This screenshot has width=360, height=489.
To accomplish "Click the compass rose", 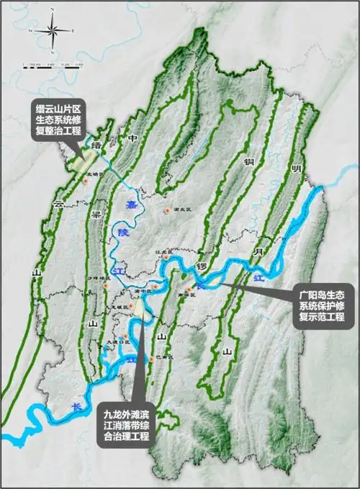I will [53, 31].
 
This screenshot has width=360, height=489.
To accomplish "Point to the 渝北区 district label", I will [181, 210].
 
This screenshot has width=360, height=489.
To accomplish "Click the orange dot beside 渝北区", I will [168, 210].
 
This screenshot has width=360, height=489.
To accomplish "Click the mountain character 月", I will [258, 252].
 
